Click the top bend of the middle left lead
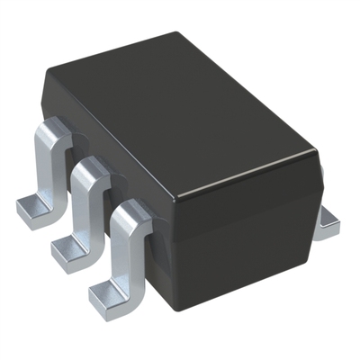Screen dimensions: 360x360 click(88, 171)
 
